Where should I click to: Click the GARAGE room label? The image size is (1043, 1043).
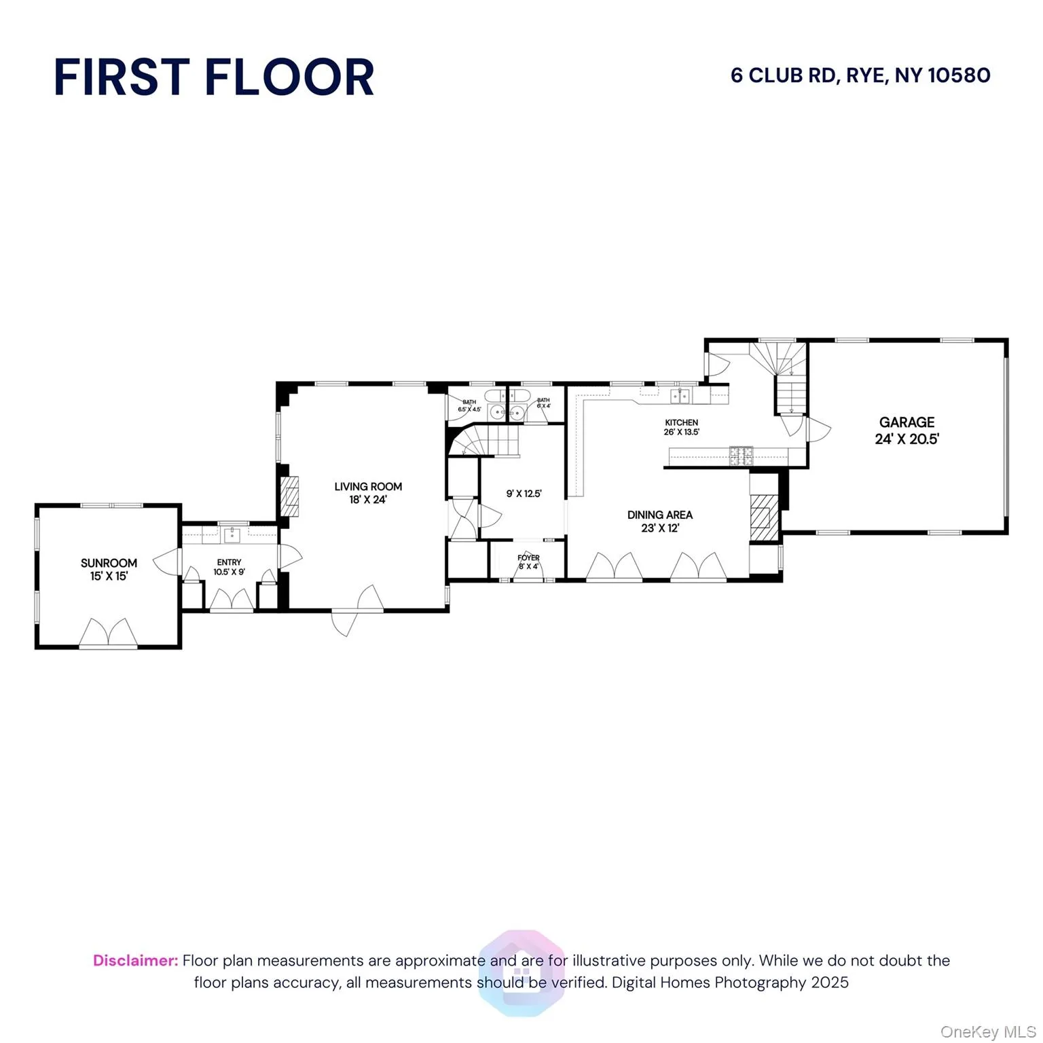click(907, 422)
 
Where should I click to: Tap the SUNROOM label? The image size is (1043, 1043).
click(109, 563)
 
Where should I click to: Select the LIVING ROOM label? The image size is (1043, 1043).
click(368, 486)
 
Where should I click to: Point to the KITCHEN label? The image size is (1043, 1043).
click(681, 422)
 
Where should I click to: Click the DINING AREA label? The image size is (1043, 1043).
click(659, 515)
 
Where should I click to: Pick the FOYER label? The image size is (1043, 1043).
click(528, 557)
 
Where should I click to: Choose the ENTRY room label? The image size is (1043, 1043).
click(229, 562)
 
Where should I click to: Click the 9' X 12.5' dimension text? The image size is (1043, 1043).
click(524, 494)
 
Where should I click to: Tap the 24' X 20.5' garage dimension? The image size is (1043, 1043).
click(907, 439)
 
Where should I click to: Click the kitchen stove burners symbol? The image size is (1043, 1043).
click(741, 455)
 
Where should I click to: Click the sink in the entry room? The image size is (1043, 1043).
click(232, 535)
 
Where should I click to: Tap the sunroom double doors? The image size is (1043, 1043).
click(109, 633)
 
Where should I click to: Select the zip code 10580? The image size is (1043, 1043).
click(959, 75)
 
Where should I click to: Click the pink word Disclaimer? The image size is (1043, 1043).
click(135, 960)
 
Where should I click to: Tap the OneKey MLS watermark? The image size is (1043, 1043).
click(987, 1032)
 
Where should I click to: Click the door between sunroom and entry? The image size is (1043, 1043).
click(168, 561)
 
